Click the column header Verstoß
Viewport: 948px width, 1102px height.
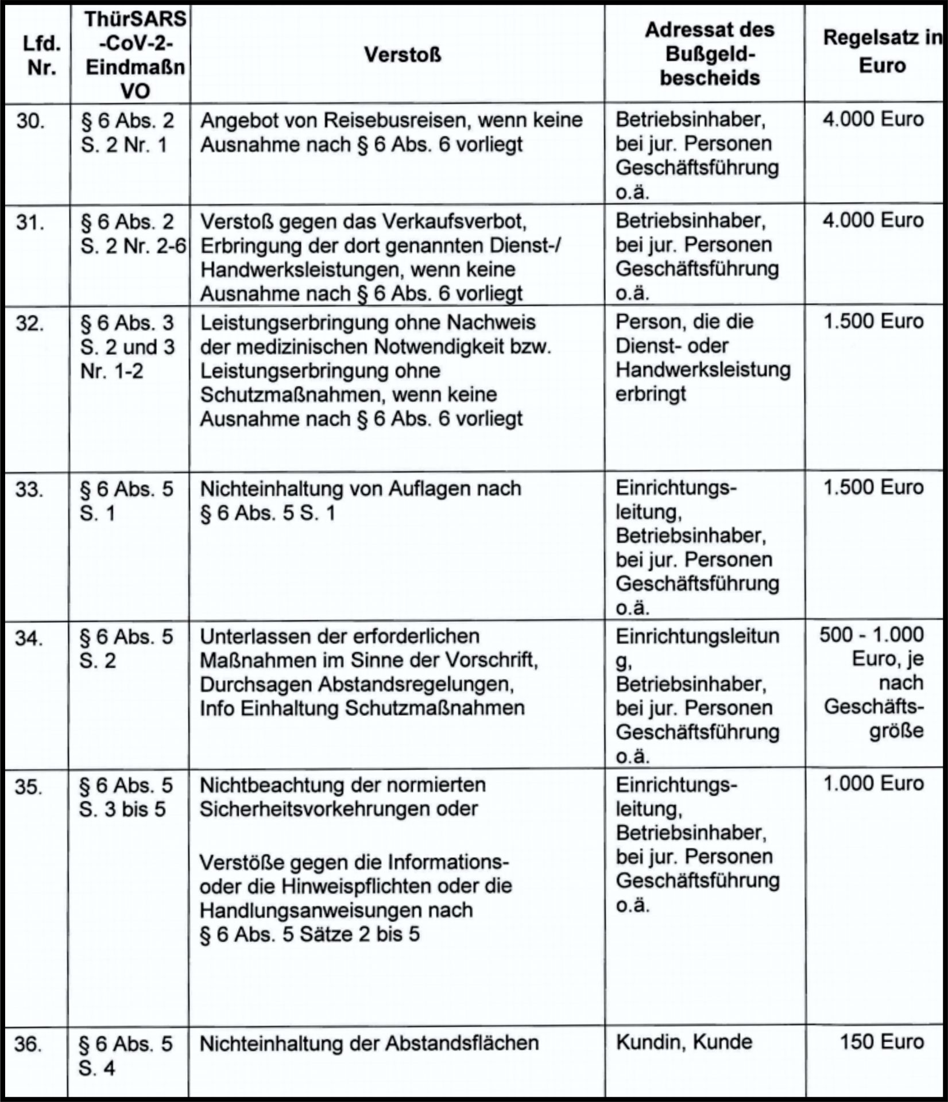tap(403, 55)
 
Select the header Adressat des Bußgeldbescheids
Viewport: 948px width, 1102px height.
tap(709, 53)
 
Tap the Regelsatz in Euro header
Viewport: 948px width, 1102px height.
tap(881, 51)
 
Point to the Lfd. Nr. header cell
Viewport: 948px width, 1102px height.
tap(41, 55)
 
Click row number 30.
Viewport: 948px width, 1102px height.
tap(30, 121)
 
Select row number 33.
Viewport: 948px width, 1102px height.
tap(29, 490)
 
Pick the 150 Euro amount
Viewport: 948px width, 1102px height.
tap(881, 1042)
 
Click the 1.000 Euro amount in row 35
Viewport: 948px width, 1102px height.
tap(873, 783)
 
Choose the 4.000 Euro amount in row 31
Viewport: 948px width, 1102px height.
tap(873, 220)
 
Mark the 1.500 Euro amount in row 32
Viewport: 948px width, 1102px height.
tap(873, 321)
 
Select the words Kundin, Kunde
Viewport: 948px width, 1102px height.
tap(684, 1042)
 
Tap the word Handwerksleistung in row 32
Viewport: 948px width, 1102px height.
tap(703, 370)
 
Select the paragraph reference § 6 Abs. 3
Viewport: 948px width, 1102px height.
tap(127, 323)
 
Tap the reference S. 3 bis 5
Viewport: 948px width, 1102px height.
tap(122, 809)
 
